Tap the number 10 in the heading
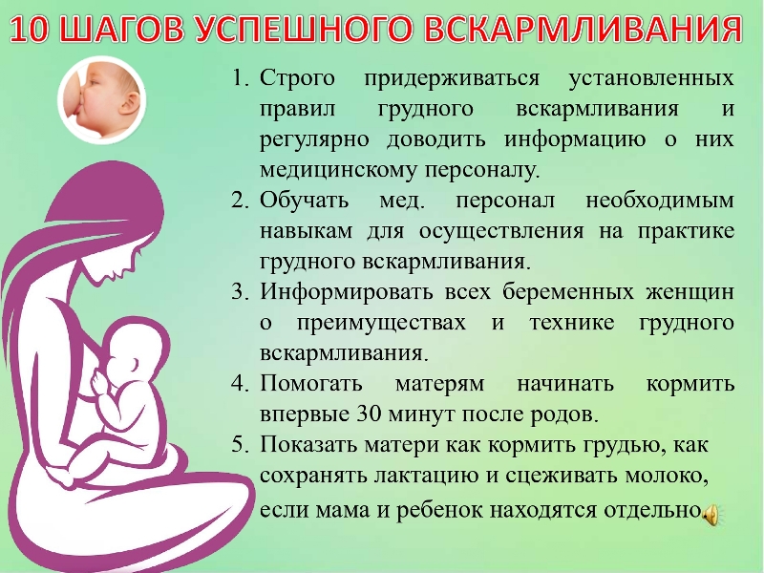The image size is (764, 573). click(x=30, y=30)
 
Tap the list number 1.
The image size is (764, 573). click(x=241, y=78)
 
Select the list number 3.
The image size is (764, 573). click(x=241, y=292)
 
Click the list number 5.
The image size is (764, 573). click(x=241, y=444)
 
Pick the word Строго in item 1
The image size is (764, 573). click(x=297, y=79)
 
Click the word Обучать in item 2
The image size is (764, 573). click(x=304, y=201)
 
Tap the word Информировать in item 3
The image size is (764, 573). click(x=347, y=292)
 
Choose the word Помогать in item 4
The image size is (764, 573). click(x=311, y=384)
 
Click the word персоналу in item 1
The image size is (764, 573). click(x=483, y=171)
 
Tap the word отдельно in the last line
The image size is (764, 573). click(x=652, y=510)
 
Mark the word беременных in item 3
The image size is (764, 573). click(x=568, y=292)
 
